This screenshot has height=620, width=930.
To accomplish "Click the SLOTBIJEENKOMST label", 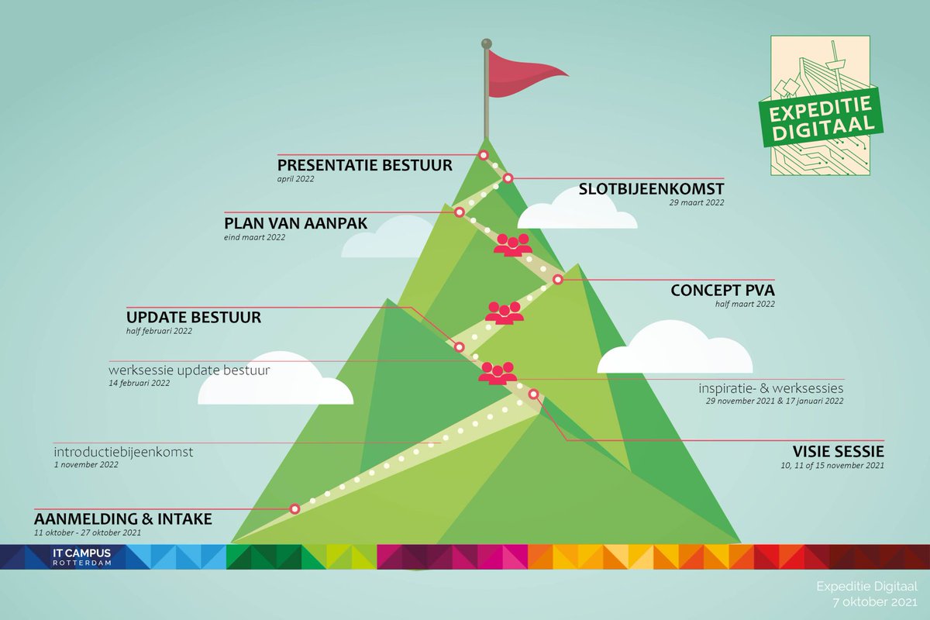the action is point(651,189).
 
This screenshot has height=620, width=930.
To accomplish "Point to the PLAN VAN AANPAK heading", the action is point(295,223).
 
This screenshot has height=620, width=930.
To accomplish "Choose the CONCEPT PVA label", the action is point(722,291).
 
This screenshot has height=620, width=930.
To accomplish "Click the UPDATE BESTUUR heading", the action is point(194,317).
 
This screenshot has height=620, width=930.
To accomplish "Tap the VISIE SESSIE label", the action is point(838,452).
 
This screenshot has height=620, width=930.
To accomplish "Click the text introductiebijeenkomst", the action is point(123,451).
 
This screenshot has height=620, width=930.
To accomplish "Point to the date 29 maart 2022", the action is point(697,203).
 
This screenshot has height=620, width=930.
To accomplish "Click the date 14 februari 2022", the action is point(139,383).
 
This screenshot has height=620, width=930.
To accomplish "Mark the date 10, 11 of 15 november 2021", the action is point(832,466).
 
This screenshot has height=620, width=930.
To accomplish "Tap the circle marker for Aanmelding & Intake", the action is point(294,508).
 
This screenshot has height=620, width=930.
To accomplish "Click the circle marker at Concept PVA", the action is point(557,279).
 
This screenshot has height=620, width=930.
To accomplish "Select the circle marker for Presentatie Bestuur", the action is point(483,155).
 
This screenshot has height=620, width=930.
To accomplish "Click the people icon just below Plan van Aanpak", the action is point(512,245).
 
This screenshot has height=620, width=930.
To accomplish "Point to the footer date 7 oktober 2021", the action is point(872,601).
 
